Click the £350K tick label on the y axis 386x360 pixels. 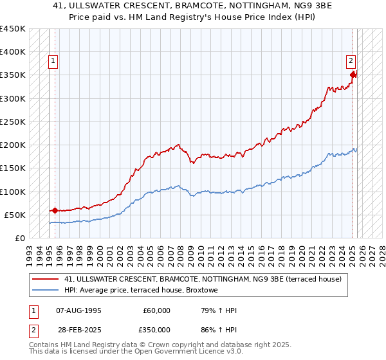12,75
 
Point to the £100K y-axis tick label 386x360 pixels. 12,192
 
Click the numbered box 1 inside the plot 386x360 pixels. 53,62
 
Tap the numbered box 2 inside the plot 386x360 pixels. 351,62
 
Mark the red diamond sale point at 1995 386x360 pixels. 55,210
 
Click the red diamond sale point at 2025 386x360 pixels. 353,75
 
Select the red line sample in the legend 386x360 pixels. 46,279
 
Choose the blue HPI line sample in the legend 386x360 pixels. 46,290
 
